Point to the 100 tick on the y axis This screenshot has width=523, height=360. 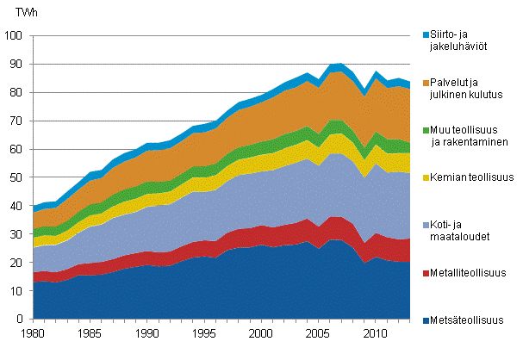pyautogui.click(x=13, y=36)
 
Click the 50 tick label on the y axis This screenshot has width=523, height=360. pyautogui.click(x=16, y=178)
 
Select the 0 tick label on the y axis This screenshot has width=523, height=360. pyautogui.click(x=18, y=320)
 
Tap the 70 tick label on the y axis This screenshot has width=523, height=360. pyautogui.click(x=16, y=121)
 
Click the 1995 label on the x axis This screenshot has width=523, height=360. pyautogui.click(x=202, y=332)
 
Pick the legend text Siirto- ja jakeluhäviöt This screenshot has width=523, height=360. pyautogui.click(x=462, y=40)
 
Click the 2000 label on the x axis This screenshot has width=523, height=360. pyautogui.click(x=259, y=332)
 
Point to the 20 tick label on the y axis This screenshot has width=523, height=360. pyautogui.click(x=16, y=263)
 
